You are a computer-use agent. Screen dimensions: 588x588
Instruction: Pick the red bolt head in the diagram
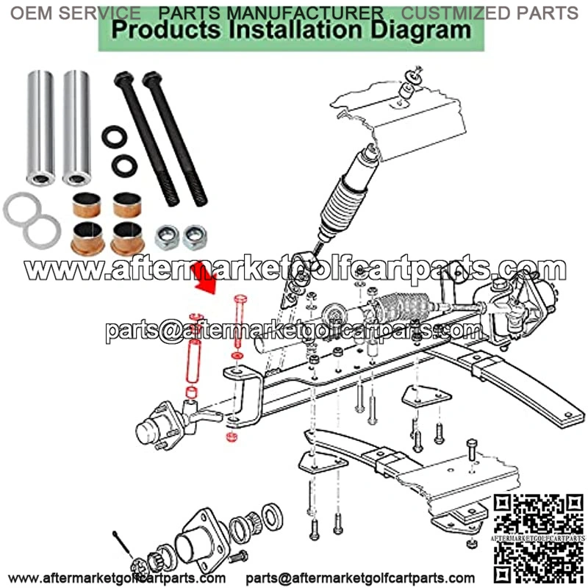pyautogui.click(x=240, y=299)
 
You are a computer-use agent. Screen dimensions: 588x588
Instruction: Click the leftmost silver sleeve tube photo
pyautogui.click(x=40, y=127)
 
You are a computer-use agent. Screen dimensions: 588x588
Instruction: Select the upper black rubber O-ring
pyautogui.click(x=115, y=137)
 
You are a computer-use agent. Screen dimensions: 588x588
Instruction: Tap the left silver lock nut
pyautogui.click(x=167, y=237)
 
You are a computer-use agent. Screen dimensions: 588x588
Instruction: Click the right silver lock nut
pyautogui.click(x=195, y=237)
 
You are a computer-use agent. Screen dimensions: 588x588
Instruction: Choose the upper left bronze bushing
pyautogui.click(x=86, y=205)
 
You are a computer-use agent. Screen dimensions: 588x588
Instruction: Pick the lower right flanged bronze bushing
pyautogui.click(x=127, y=238)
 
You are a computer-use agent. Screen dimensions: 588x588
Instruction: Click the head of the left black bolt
pyautogui.click(x=123, y=78)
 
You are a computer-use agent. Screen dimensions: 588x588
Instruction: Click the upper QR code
pyautogui.click(x=539, y=514)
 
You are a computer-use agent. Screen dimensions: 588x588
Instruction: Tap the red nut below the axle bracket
pyautogui.click(x=232, y=437)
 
